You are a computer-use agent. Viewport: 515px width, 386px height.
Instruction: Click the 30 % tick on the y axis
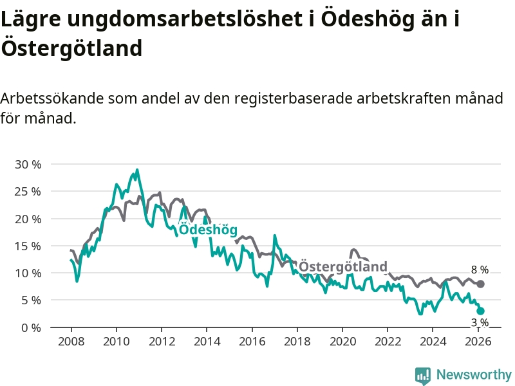pos(27,165)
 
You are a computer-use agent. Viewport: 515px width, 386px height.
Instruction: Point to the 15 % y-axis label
pos(27,246)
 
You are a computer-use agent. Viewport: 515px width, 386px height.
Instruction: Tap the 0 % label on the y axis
pos(30,327)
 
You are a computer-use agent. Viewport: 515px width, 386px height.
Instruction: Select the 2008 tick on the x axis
pos(70,342)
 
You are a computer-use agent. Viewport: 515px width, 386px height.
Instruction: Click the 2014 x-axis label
pos(206,342)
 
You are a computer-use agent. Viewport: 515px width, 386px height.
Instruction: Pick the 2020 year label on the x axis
pos(342,342)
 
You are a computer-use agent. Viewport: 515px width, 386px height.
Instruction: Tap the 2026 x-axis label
pos(478,342)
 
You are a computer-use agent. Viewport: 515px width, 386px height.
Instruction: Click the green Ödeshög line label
pos(208,230)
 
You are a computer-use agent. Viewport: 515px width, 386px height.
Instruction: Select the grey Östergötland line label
pos(343,266)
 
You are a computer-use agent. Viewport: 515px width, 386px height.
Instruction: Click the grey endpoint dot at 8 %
pos(480,284)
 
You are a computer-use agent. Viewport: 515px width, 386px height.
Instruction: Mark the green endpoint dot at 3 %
pos(480,311)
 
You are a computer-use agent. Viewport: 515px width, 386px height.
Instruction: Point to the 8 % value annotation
pos(480,270)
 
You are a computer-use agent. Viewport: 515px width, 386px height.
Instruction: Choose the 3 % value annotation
pos(480,322)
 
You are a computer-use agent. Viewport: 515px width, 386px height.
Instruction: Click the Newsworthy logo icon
pos(423,375)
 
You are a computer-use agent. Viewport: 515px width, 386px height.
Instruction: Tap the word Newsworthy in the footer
pos(474,375)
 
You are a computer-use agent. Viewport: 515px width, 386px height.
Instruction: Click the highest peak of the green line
pos(137,170)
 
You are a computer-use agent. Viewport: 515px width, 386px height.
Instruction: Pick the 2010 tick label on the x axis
pos(115,342)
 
